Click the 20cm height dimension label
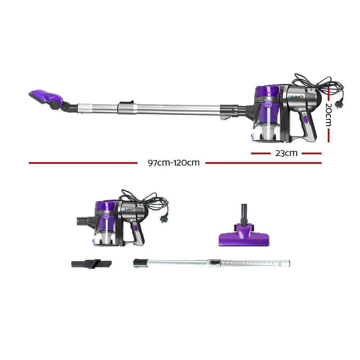tap(328, 115)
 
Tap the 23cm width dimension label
tap(286, 153)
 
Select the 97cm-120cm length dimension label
tap(174, 163)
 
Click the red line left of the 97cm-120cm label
tap(83, 163)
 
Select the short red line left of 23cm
tap(261, 153)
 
